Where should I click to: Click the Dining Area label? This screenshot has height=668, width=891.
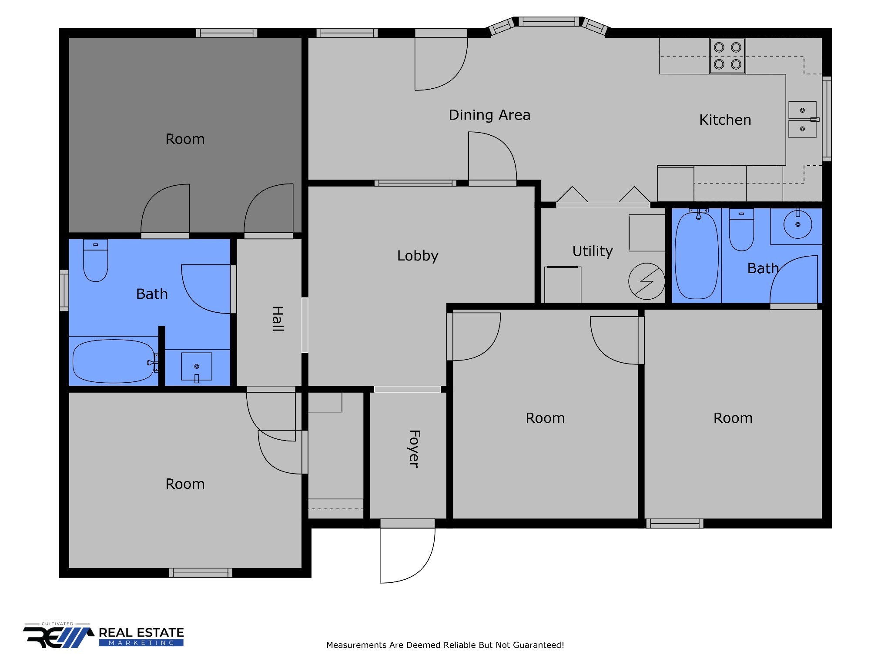(x=489, y=115)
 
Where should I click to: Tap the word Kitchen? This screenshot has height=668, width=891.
(x=725, y=120)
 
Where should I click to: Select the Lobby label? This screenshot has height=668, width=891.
(x=418, y=256)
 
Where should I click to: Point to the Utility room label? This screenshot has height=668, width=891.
(x=593, y=251)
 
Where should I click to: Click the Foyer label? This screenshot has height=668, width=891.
(x=414, y=449)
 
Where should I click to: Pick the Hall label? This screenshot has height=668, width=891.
(x=278, y=319)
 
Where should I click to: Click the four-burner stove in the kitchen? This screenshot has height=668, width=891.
(x=727, y=56)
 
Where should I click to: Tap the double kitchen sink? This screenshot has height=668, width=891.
(x=803, y=120)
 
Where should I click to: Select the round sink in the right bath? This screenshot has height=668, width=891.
(x=797, y=224)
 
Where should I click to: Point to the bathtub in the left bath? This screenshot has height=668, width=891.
(x=114, y=361)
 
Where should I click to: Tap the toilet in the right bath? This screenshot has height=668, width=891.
(x=741, y=230)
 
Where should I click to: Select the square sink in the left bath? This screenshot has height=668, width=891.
(x=197, y=367)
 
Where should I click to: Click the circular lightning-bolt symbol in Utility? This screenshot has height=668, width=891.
(x=646, y=281)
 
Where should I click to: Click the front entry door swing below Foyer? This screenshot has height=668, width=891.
(x=407, y=555)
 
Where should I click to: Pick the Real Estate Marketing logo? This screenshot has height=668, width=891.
(x=104, y=635)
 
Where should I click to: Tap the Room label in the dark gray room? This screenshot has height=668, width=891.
(x=185, y=139)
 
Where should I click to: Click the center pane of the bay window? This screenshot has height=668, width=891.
(x=549, y=21)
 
